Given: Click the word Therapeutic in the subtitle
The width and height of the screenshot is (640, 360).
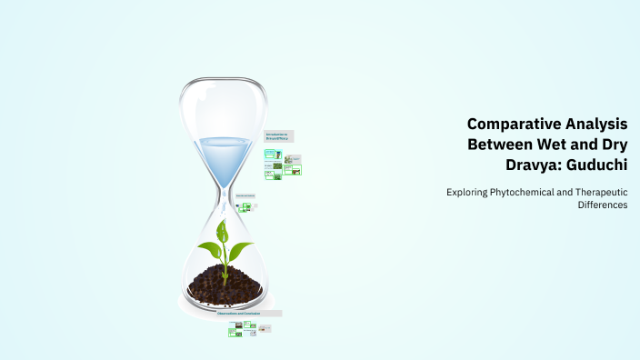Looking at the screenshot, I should [601, 192].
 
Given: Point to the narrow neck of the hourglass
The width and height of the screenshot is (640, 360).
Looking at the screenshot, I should [223, 193].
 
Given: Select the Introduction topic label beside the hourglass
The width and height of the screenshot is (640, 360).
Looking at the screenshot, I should [278, 135].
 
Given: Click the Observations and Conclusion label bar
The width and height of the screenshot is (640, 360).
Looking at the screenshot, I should [255, 314].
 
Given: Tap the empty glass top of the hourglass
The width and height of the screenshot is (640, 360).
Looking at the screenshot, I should [223, 105].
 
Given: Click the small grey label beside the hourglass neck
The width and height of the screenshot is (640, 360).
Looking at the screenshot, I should [245, 195].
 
